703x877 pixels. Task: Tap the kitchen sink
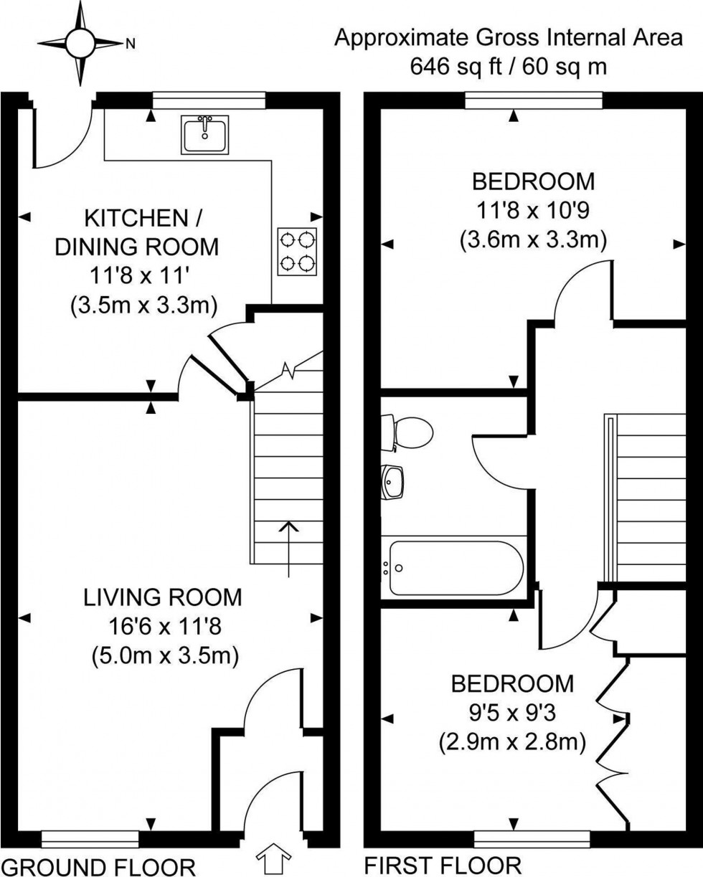point(205,134)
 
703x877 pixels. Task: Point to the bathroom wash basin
point(393,481)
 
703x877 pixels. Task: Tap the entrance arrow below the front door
point(275,859)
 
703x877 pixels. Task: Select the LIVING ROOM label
point(163,597)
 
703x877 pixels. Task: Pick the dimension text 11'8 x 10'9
point(533,210)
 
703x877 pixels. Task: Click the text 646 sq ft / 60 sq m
point(509,67)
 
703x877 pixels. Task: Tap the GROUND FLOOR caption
point(98,866)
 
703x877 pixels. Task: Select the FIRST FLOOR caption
point(443,866)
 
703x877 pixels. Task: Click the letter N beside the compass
point(130,44)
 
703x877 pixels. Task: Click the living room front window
point(90,838)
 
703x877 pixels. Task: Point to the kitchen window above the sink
point(209,100)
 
